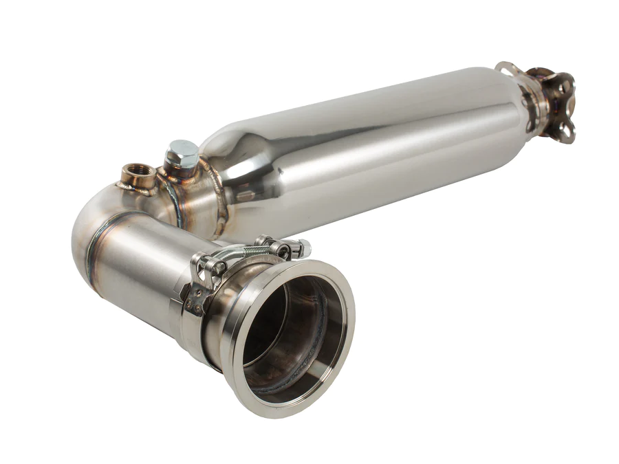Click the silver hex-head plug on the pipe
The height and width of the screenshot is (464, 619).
click(182, 153)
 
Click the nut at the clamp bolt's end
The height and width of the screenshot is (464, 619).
click(303, 247)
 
